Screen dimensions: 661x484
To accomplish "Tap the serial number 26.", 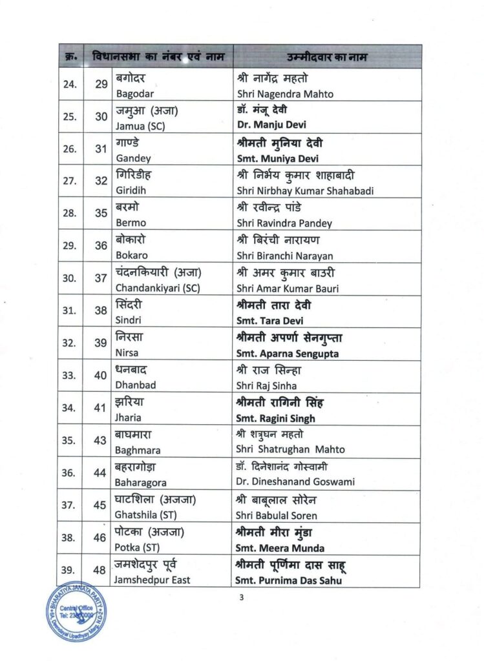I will point(69,149).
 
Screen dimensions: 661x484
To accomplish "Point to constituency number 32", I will point(101,181).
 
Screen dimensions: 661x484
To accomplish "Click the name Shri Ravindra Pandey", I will point(284,223).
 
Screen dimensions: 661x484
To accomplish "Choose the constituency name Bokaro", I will point(131,255).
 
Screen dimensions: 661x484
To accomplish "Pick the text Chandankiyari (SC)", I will point(158,288).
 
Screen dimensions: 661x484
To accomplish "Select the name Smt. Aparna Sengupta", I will point(288,353).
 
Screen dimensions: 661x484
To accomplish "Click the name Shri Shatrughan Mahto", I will point(291,449).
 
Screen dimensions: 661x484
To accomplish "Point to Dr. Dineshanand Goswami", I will point(296,482).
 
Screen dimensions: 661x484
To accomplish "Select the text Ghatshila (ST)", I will point(146,514).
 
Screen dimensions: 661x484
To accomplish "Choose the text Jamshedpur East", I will point(153,580).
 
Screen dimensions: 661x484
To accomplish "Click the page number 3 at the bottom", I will point(242,598).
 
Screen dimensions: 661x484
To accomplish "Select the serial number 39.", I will point(69,570).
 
